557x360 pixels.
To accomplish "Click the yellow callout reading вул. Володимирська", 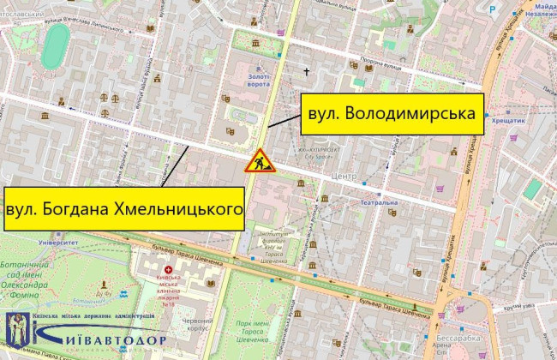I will (391, 113).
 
